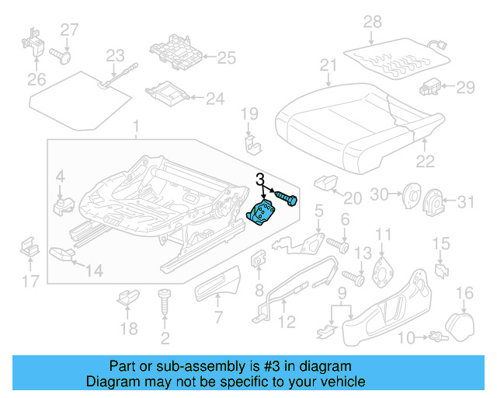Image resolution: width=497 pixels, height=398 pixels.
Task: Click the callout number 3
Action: click(x=261, y=180)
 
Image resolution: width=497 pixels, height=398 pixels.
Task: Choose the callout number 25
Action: click(x=226, y=57)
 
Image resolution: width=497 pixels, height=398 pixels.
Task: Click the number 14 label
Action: click(x=93, y=271)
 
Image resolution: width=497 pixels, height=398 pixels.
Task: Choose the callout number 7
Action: click(x=218, y=317)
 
